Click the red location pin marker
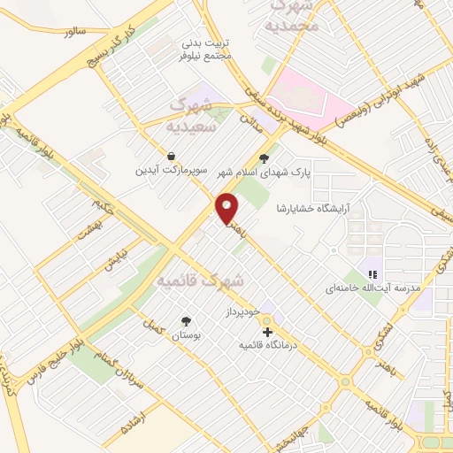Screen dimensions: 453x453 [227, 208]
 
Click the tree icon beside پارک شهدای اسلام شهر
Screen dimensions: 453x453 [264, 159]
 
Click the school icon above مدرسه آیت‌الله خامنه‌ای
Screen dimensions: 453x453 [374, 274]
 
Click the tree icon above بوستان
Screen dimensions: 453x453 [186, 322]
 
